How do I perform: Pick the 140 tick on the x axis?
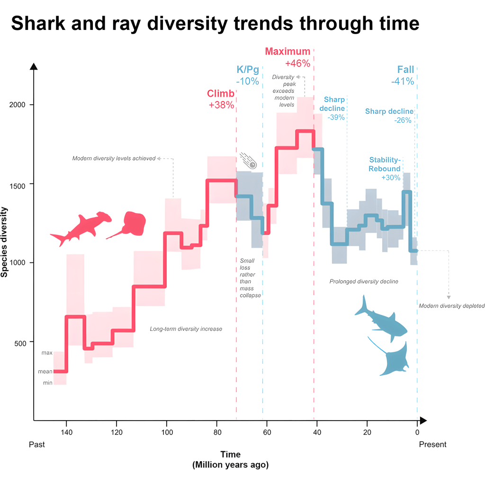point(66,431)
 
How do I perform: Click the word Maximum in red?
point(287,52)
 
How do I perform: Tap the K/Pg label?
point(248,70)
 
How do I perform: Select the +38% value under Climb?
point(221,105)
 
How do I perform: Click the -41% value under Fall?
point(403,81)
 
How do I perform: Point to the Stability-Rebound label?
point(385,164)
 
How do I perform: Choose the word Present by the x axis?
point(432,444)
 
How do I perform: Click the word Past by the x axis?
point(36,444)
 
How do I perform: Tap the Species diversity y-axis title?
point(5,242)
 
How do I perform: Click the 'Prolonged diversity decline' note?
point(364,281)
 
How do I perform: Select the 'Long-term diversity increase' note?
point(186,329)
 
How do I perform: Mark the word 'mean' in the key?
point(45,372)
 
